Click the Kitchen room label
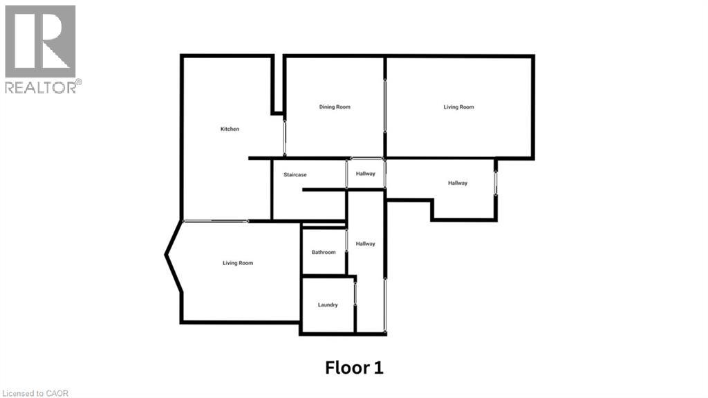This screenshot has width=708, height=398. [x=230, y=129]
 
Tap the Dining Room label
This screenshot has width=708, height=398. [x=335, y=107]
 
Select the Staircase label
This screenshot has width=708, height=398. [x=295, y=175]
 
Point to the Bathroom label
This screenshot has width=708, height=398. [x=323, y=252]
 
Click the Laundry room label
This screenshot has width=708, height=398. [x=328, y=305]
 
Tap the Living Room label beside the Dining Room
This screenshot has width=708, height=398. [x=458, y=107]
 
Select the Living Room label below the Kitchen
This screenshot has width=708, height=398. [x=238, y=263]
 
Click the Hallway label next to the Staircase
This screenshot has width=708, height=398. [x=366, y=174]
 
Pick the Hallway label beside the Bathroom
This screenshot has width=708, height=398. [x=366, y=244]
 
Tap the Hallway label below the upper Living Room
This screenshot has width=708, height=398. [x=458, y=183]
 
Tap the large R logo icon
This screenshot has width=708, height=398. [x=40, y=41]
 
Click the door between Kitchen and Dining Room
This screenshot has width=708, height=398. [x=284, y=136]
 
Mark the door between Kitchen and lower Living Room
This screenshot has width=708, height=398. [x=216, y=221]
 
